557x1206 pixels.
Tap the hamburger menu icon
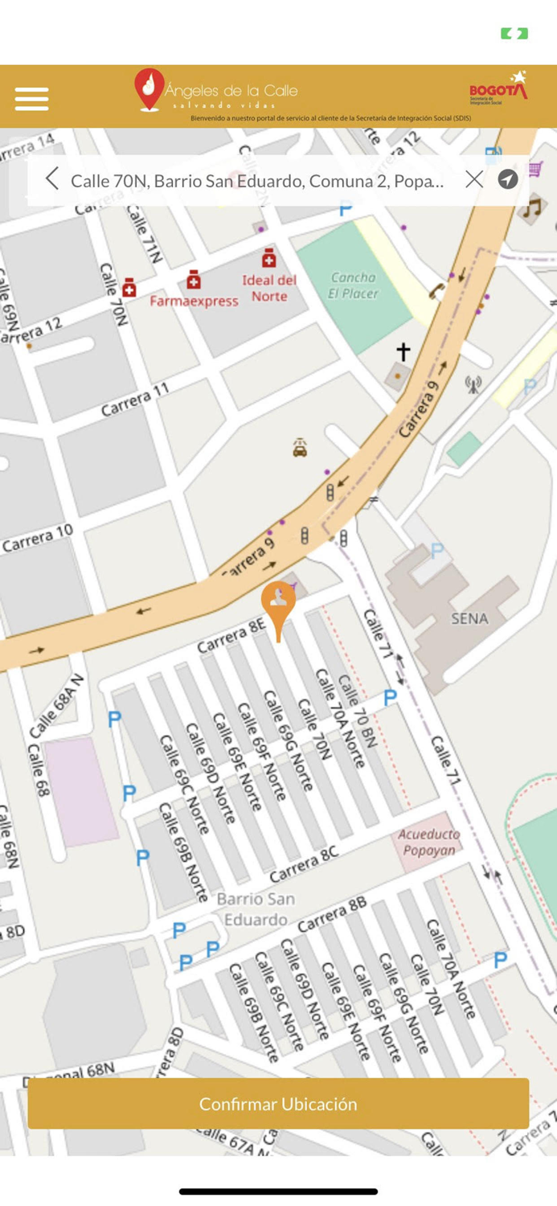coord(32,99)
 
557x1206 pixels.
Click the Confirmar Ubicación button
coord(278,1104)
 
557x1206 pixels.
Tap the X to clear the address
coord(474,179)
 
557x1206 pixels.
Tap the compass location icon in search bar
coord(507,179)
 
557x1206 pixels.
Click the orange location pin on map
coord(278,604)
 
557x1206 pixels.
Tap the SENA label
coord(469,618)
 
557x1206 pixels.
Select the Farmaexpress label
coord(194,301)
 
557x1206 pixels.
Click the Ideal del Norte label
coord(269,288)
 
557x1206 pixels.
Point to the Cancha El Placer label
coord(353,285)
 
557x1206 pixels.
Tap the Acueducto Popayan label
coord(429,843)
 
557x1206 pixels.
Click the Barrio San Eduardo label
coord(256,909)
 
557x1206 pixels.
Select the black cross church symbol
coord(403,351)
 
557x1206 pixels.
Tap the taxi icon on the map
coord(300,447)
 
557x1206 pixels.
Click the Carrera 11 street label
coord(135,400)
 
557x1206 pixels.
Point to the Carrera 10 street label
coord(38,538)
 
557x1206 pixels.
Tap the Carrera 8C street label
coord(303,863)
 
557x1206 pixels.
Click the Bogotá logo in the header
coord(498,88)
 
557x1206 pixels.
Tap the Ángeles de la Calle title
coord(231,91)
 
